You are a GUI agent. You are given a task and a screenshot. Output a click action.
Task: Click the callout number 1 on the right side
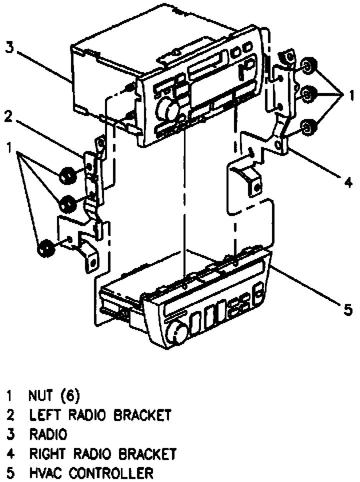(351, 93)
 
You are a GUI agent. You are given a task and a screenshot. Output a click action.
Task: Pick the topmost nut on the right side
(308, 65)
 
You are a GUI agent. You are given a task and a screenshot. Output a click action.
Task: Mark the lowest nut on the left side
(46, 247)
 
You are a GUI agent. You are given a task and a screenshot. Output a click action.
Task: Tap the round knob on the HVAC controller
(178, 332)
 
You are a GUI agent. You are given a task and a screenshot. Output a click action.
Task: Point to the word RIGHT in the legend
(48, 454)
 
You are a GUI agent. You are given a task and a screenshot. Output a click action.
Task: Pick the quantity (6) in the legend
(70, 396)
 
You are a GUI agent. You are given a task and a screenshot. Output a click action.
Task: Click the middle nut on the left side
(67, 203)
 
